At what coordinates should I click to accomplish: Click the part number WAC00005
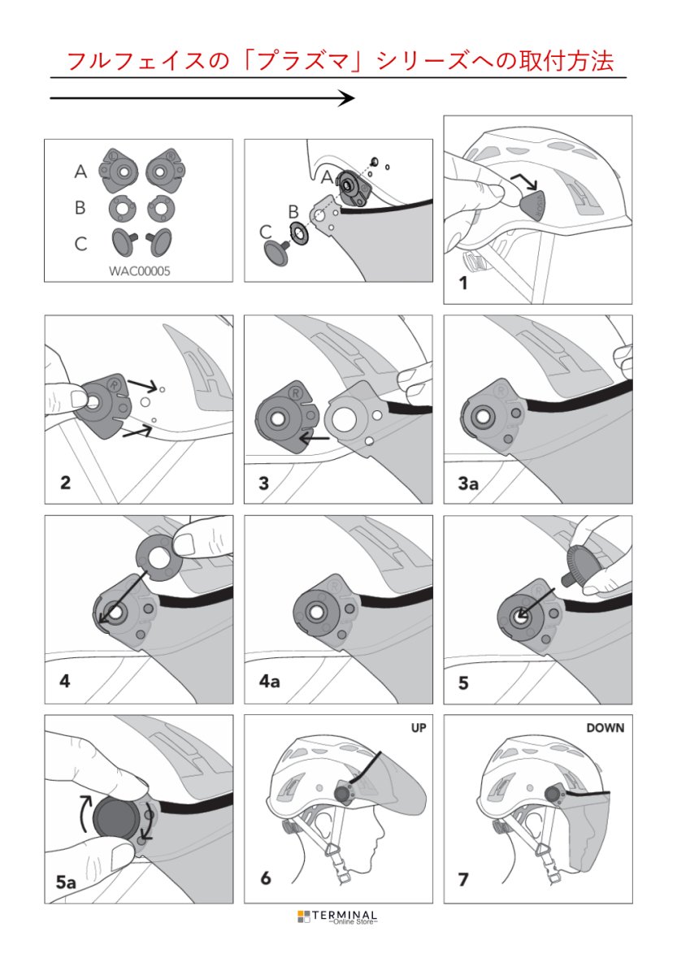click(139, 272)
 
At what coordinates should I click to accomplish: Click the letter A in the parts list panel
click(80, 171)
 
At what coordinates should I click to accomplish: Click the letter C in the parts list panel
click(80, 245)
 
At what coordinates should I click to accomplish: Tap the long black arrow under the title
click(202, 98)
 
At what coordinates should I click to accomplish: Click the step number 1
click(463, 284)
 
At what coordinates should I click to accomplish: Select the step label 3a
click(468, 483)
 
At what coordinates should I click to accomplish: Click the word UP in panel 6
click(419, 728)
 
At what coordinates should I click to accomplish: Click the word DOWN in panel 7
click(605, 728)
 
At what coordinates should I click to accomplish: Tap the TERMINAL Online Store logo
click(337, 916)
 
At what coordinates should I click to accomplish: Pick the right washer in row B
click(159, 208)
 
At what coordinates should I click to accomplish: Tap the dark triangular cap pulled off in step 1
click(532, 203)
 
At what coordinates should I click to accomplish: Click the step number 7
click(464, 879)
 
